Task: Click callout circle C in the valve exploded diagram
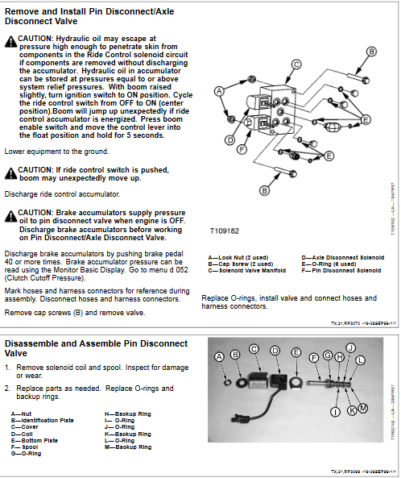tap(296, 64)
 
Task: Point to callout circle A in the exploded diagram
tap(218, 92)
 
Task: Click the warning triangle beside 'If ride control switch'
tap(10, 171)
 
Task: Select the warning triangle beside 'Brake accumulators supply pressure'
tap(10, 214)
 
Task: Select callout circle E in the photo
tap(296, 353)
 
